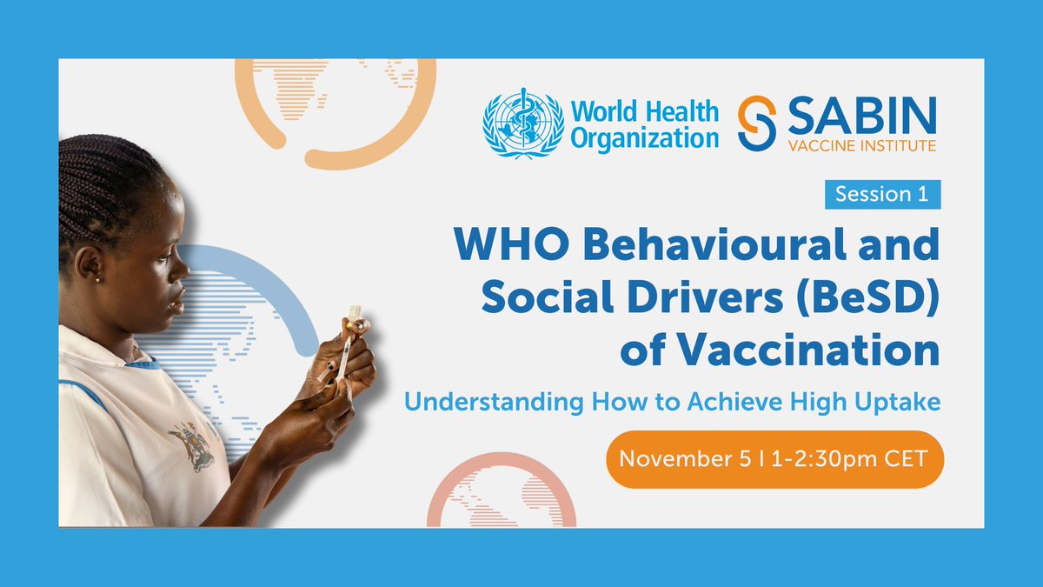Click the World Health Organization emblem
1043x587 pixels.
tap(521, 123)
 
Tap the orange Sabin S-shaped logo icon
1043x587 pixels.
tap(755, 123)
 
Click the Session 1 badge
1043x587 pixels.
tap(881, 195)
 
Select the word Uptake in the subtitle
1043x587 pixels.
tap(898, 403)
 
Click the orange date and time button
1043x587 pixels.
tap(774, 459)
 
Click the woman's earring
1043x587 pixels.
tap(97, 279)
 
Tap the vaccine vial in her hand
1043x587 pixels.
tap(355, 318)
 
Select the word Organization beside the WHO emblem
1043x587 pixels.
tap(645, 137)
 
